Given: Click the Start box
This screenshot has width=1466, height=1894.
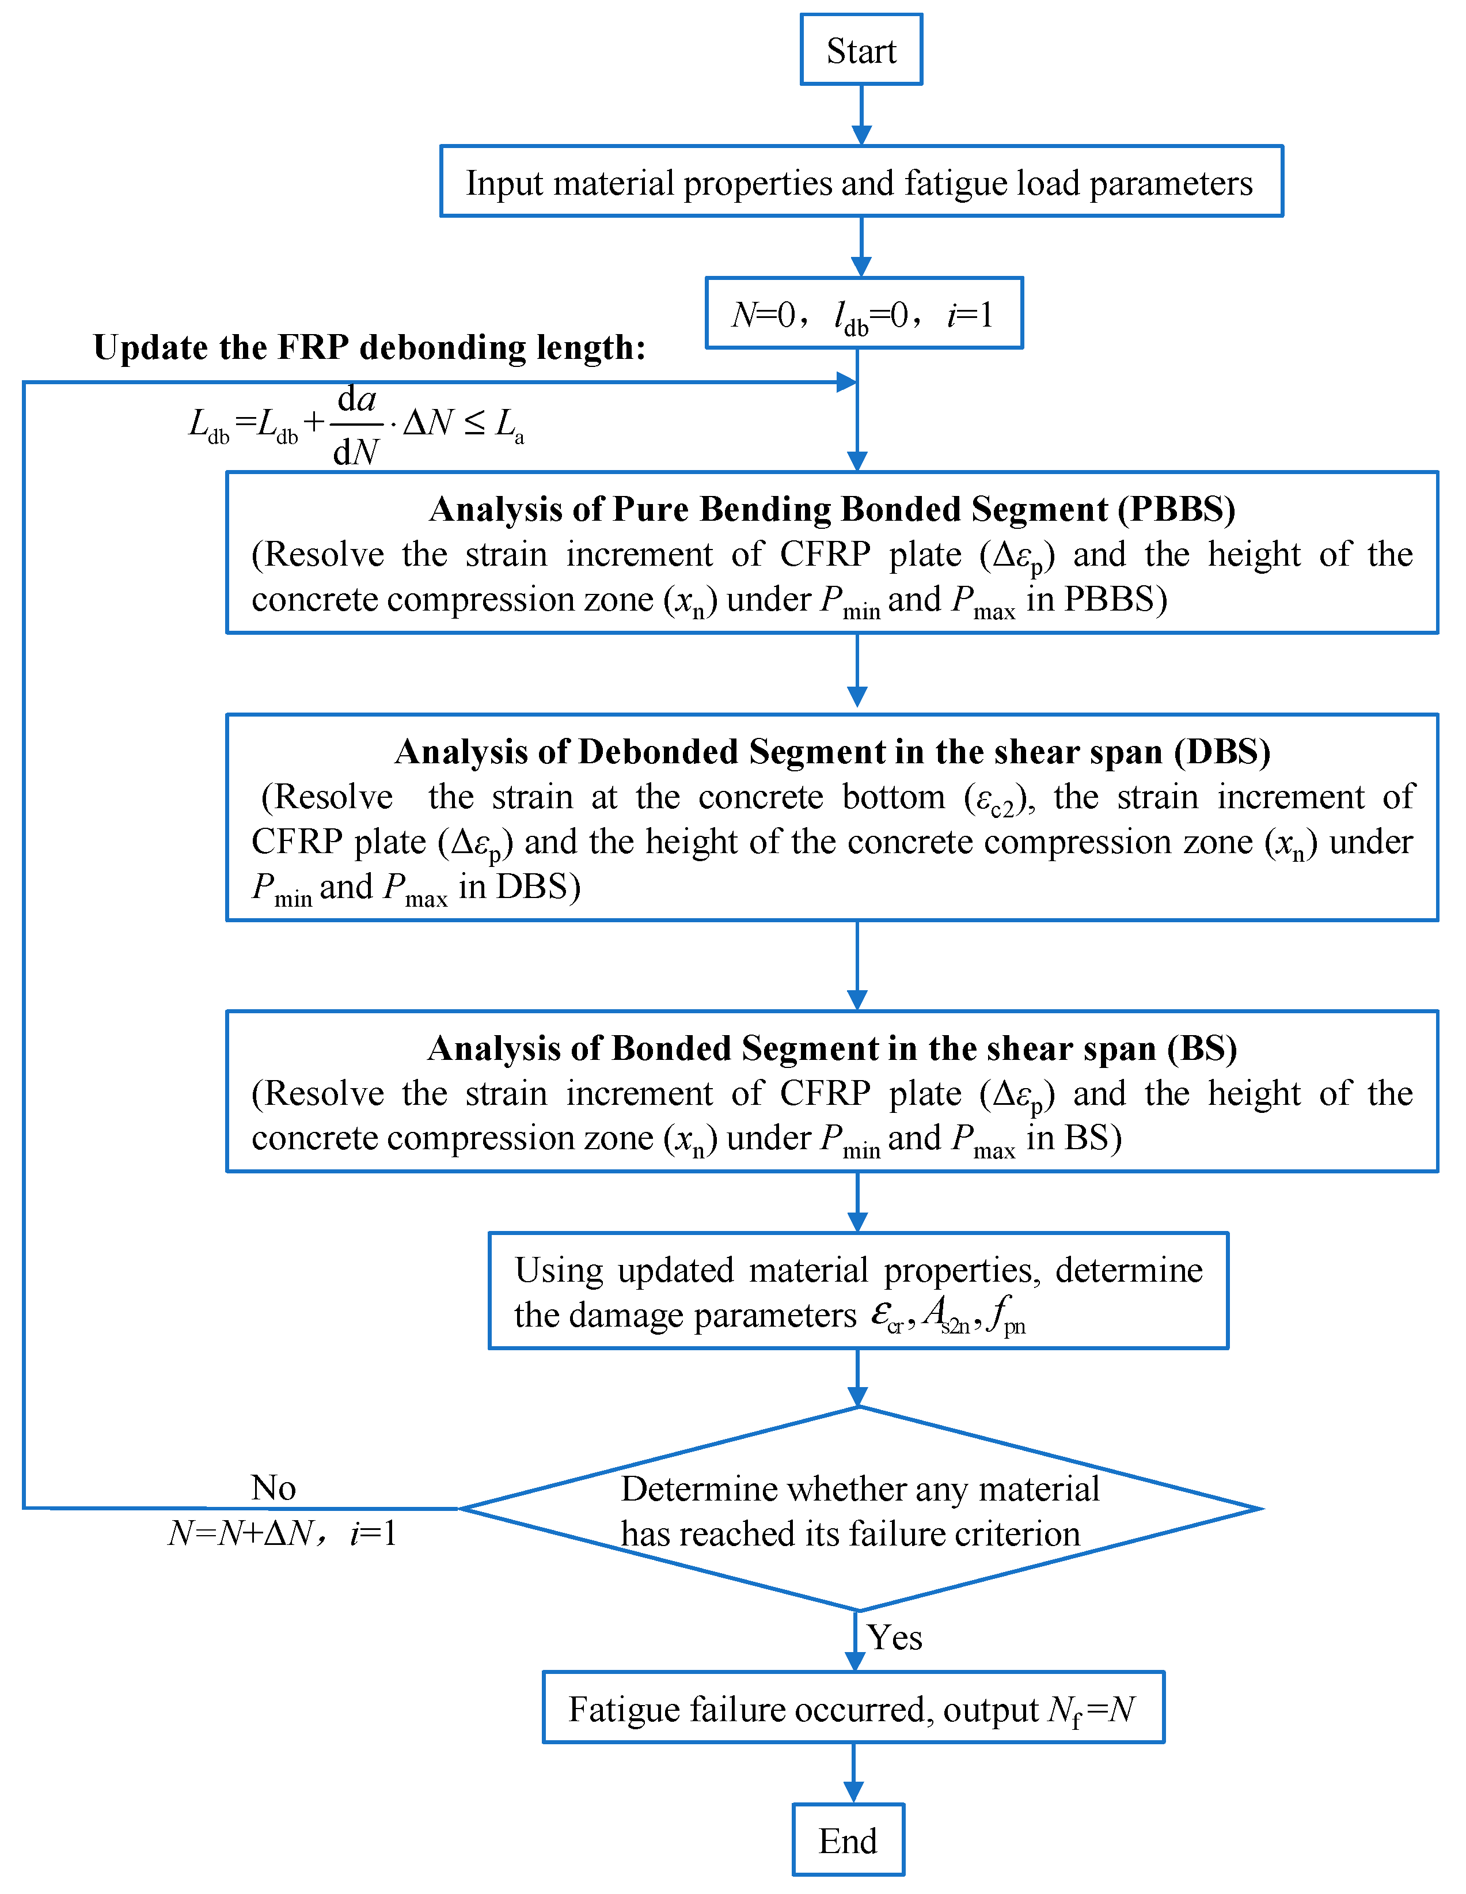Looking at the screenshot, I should (860, 50).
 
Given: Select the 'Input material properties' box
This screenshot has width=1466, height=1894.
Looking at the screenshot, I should (860, 181).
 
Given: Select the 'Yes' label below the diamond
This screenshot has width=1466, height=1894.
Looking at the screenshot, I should (895, 1637).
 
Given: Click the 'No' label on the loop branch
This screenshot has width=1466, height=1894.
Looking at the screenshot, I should (273, 1488).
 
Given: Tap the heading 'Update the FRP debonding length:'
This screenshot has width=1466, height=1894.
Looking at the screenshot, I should (369, 347).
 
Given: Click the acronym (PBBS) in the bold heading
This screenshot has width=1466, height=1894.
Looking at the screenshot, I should (1176, 509).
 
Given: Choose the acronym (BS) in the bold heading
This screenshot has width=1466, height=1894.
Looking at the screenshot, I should (1202, 1048).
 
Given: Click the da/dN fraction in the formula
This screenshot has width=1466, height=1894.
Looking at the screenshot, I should (356, 425).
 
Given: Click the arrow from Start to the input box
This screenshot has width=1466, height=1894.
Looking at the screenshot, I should (861, 115).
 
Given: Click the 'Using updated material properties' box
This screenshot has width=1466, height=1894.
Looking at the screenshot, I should (859, 1290).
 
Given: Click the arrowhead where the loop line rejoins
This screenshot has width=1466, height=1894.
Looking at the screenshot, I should (846, 381).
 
